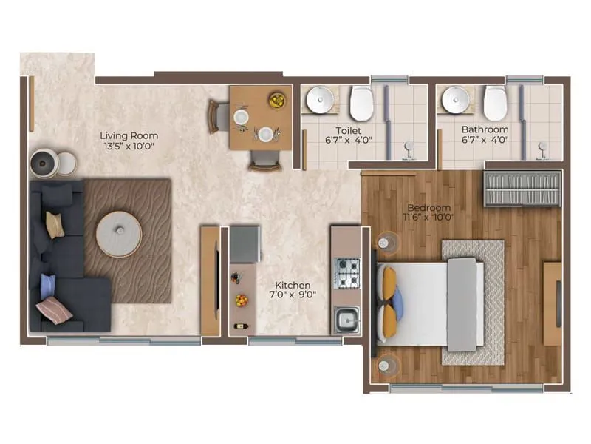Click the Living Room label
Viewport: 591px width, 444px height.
click(x=129, y=136)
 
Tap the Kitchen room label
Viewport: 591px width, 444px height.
click(x=293, y=285)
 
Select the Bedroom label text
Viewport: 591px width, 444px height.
click(x=429, y=208)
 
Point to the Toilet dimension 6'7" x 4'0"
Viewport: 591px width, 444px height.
click(x=349, y=139)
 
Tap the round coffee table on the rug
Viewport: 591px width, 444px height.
click(x=119, y=234)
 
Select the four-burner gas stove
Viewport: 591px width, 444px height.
click(x=348, y=272)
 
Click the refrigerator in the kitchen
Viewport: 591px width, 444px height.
click(x=245, y=244)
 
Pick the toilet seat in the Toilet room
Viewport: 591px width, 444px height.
click(x=362, y=104)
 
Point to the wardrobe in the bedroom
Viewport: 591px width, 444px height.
click(x=522, y=189)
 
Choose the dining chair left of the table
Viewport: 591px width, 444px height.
click(x=218, y=116)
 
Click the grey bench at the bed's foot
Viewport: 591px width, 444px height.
click(x=462, y=304)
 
